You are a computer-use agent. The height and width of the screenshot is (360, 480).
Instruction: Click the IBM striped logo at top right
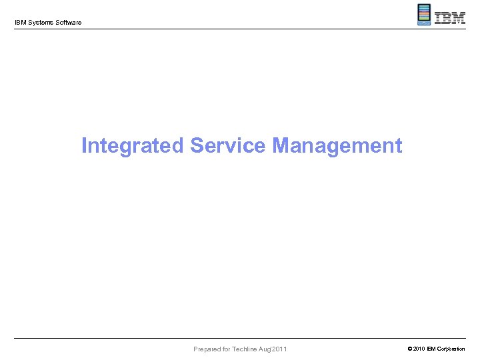[x=450, y=18]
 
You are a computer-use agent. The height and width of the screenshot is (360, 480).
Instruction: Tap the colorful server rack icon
[x=424, y=15]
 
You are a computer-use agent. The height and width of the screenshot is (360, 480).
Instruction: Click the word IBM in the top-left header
[x=20, y=23]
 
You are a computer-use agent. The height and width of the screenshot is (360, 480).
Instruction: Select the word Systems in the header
[x=40, y=23]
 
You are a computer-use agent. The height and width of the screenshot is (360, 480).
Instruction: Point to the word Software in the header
[x=68, y=23]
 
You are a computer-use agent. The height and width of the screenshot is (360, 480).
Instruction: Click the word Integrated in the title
[x=132, y=145]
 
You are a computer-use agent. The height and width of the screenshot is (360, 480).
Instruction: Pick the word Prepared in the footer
[x=209, y=349]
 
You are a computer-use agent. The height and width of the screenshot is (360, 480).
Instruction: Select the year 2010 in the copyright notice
[x=418, y=349]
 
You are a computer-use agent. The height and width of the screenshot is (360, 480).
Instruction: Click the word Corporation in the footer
[x=452, y=349]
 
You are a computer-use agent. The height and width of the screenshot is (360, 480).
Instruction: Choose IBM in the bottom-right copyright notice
[x=432, y=349]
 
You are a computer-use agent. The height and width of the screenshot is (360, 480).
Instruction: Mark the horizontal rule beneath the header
[x=240, y=29]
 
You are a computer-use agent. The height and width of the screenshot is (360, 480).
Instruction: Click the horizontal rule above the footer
[x=240, y=339]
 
